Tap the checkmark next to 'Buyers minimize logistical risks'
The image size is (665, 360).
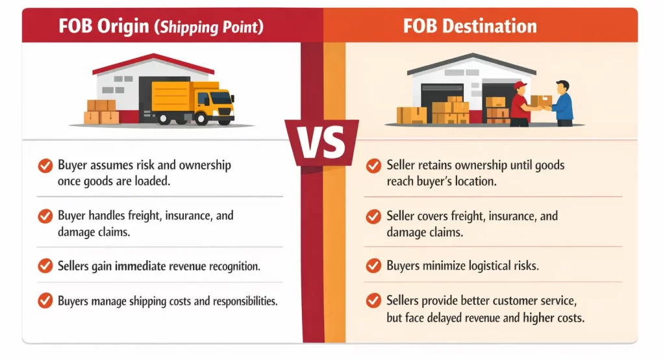point(373,266)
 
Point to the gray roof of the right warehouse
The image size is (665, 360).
point(471,62)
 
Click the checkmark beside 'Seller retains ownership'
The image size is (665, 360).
point(373,166)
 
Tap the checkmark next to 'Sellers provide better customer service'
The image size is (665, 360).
point(373,301)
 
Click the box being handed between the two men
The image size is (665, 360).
point(541,100)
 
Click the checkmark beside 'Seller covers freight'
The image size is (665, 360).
point(373,216)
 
